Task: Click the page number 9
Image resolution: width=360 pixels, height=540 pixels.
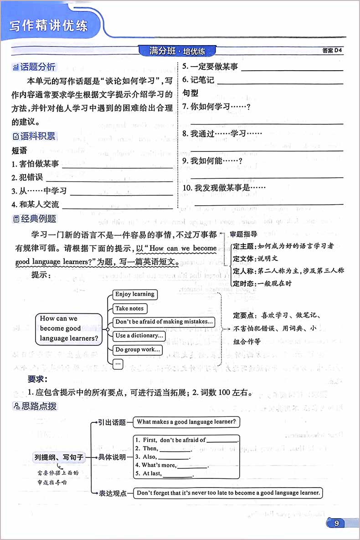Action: coord(337,523)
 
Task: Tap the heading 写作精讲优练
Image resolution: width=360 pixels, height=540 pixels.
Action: coord(49,26)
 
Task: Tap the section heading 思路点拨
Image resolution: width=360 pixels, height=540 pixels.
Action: coord(35,405)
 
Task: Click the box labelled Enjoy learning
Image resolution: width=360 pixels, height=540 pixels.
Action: coord(134,294)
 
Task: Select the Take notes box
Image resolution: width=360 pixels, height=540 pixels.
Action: coord(129,308)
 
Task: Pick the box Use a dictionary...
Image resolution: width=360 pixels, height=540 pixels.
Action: coord(139,336)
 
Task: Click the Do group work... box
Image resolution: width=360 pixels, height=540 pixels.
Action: coord(138,350)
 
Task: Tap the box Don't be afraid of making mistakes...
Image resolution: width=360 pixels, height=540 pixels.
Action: coord(164,322)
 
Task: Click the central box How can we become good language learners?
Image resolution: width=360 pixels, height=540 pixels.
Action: coord(69,328)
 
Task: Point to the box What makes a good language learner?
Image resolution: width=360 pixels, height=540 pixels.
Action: coord(186,422)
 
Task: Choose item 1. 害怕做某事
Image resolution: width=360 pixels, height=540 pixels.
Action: coord(35,164)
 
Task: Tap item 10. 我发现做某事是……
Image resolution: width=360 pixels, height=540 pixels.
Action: coord(224,188)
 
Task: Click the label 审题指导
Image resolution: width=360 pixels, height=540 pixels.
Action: coord(244,234)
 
